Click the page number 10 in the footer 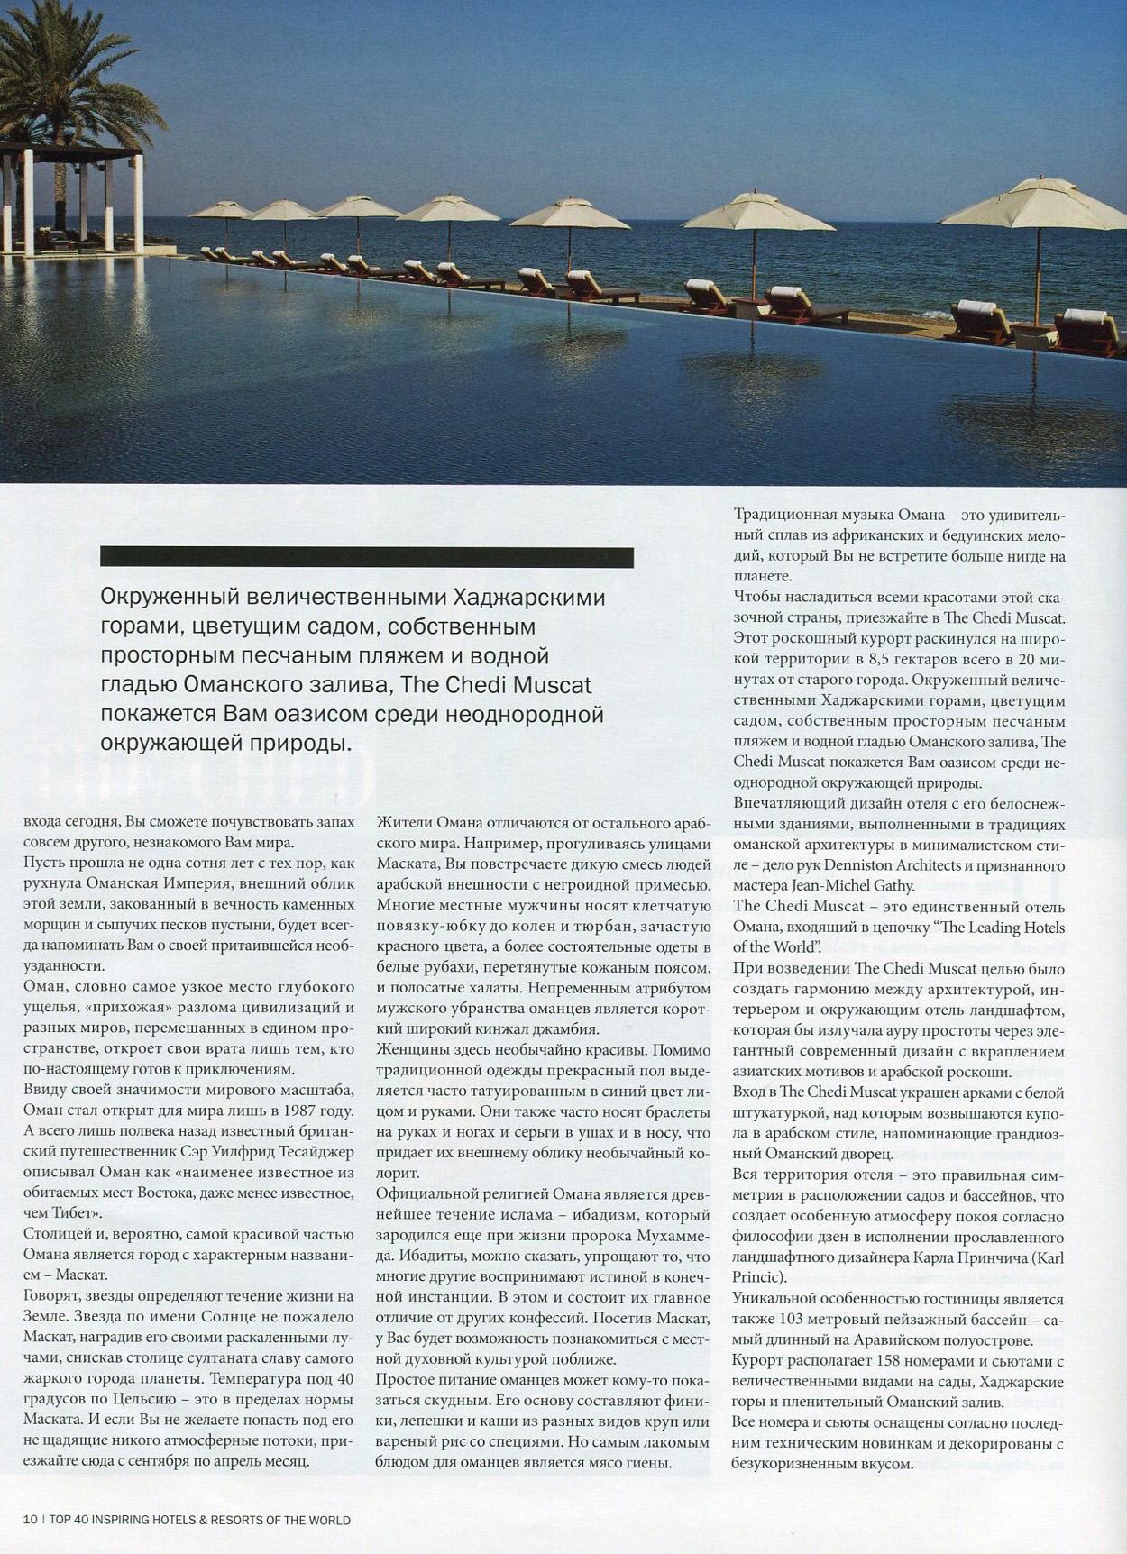(29, 1520)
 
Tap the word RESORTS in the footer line (237, 1520)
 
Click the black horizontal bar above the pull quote (366, 557)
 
